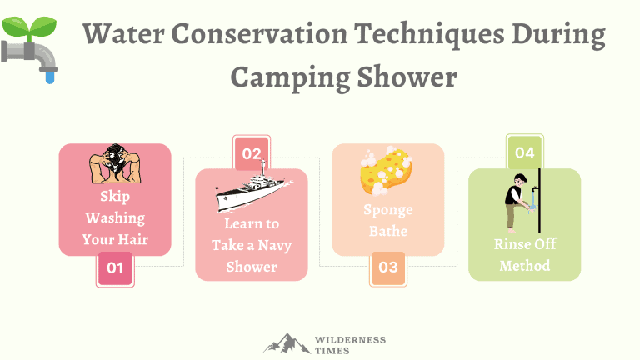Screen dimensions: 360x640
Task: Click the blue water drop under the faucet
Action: [x=51, y=77]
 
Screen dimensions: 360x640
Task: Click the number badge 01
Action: [x=115, y=268]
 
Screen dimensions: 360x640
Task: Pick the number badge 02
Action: [x=251, y=154]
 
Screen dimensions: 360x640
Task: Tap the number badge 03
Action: [x=388, y=268]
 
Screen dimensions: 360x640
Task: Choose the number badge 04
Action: [x=524, y=153]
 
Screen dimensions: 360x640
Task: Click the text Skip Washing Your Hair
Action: [x=114, y=218]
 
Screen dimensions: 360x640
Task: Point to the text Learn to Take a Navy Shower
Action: [x=251, y=246]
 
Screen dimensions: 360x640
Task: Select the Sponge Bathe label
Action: [x=387, y=219]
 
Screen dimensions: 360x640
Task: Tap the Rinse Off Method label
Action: [x=524, y=255]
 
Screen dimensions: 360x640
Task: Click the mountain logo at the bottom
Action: [x=285, y=343]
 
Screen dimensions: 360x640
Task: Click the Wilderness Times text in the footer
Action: [x=350, y=345]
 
